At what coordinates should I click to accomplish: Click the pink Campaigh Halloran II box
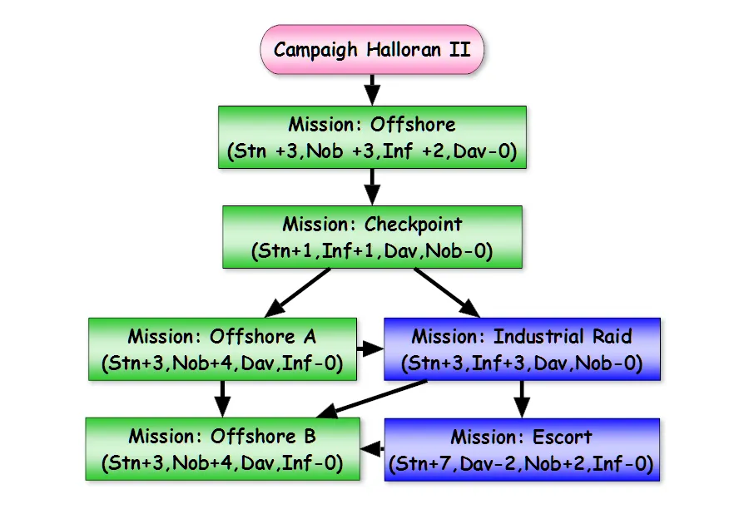coord(372,49)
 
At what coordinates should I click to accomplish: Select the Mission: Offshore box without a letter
coord(372,137)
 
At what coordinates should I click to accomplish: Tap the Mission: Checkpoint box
coord(372,237)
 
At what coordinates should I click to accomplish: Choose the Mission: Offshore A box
coord(222,349)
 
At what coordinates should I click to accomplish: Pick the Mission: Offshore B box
coord(222,449)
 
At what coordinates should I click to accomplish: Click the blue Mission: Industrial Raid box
coord(522,349)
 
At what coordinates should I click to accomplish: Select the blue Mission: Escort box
coord(522,449)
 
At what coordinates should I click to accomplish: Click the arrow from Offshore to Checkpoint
coord(372,187)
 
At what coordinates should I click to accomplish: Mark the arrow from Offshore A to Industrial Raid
coord(370,345)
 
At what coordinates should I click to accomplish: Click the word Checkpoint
coord(414,225)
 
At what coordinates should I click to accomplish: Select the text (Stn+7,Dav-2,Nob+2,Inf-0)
coord(522,462)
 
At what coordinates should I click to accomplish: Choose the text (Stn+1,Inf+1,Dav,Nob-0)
coord(372,250)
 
